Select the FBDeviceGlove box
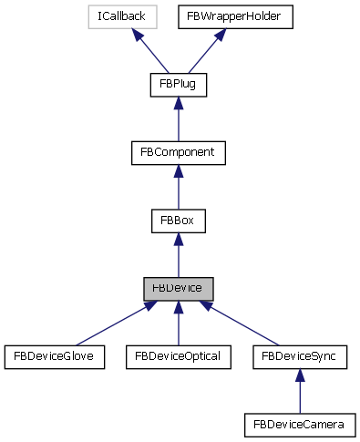pos(56,356)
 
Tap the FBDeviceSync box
pos(300,356)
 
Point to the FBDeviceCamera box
pos(300,424)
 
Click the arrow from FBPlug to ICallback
pos(155,51)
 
